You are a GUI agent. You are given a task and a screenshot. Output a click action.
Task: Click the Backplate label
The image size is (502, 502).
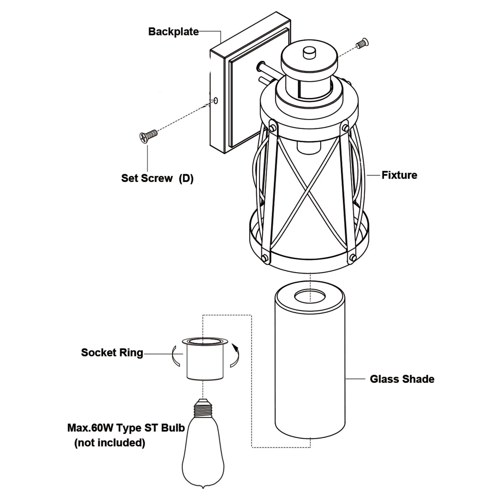(x=173, y=32)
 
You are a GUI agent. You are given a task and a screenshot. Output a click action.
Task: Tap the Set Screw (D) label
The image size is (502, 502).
(x=157, y=178)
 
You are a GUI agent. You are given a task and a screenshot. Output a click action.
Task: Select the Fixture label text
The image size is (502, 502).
(x=399, y=175)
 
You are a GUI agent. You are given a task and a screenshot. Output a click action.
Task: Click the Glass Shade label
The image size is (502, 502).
(x=402, y=379)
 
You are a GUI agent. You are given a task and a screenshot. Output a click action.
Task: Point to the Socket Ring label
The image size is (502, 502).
(x=112, y=353)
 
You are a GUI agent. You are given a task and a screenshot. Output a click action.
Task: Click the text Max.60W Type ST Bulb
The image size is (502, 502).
(x=126, y=428)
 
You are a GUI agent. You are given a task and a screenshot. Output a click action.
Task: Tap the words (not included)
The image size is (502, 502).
(x=110, y=443)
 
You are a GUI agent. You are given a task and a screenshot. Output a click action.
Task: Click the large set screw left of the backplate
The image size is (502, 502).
(x=148, y=136)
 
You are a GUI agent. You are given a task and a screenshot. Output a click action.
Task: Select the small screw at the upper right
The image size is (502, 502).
(x=362, y=43)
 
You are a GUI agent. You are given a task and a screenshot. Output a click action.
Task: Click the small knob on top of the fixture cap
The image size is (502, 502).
(x=309, y=53)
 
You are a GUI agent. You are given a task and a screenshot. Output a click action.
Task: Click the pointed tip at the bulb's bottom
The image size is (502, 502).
(x=203, y=487)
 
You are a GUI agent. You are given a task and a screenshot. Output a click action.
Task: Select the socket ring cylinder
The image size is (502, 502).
(x=205, y=361)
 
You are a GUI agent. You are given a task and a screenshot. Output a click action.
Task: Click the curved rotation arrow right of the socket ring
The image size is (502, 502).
(x=235, y=356)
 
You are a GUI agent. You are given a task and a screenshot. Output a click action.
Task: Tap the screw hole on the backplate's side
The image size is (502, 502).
(x=216, y=101)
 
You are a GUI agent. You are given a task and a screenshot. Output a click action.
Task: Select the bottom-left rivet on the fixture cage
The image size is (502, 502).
(x=264, y=258)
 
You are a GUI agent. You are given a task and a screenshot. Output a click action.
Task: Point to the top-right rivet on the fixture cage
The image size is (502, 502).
(x=345, y=128)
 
